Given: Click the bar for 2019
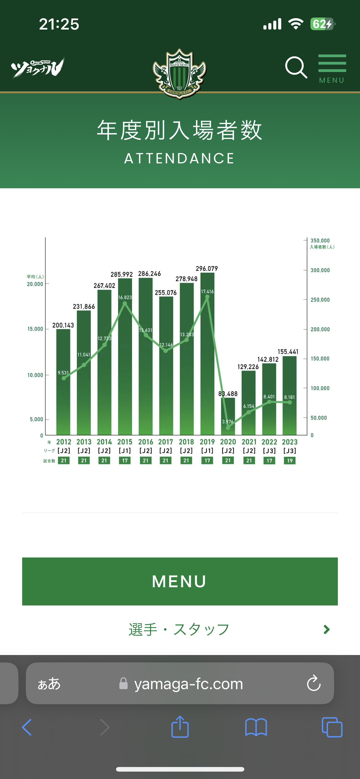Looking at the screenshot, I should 207,354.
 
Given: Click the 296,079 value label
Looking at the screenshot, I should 207,269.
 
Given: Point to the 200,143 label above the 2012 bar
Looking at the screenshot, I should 63,325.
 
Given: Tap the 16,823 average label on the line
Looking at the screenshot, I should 125,297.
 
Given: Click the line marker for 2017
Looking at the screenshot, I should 166,351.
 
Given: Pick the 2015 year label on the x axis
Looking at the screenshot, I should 125,442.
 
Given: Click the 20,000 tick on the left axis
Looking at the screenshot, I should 35,284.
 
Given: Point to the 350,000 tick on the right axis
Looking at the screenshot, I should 320,241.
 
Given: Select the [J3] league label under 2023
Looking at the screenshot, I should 290,451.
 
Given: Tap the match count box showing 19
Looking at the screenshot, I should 290,461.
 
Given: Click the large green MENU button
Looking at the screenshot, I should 180,581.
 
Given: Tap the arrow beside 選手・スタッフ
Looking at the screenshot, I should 326,629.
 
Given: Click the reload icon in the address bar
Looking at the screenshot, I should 314,683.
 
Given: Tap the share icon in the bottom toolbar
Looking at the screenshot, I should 180,727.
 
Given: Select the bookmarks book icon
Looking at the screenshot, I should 256,727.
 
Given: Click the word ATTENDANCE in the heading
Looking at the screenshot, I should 179,158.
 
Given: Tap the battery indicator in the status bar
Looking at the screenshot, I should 322,24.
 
